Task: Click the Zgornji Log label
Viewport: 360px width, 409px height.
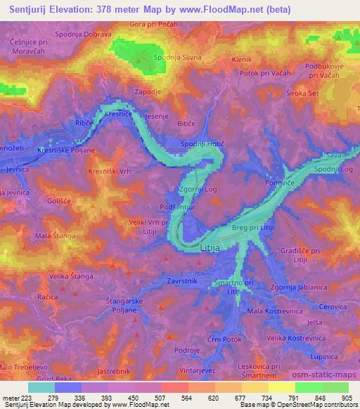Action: [x=197, y=189]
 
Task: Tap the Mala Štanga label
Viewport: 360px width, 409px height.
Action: [x=54, y=236]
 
